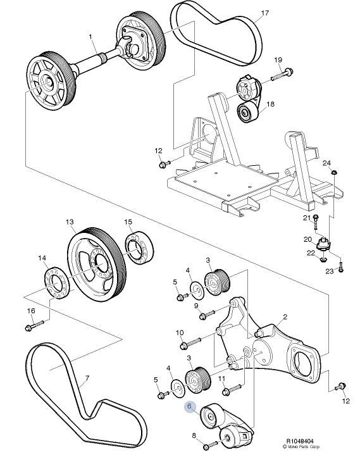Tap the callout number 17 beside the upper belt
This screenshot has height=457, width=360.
coord(264,13)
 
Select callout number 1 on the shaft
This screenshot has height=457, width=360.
coord(91,36)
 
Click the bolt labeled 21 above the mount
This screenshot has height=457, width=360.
coord(316,224)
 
